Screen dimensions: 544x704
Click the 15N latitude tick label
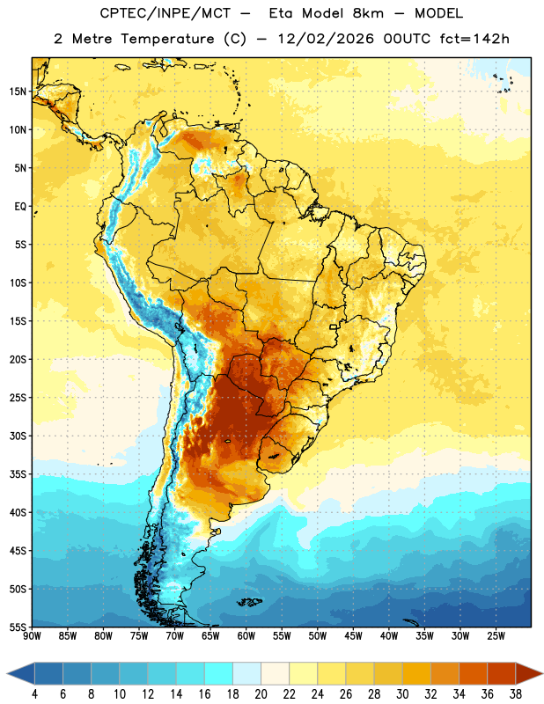coord(18,92)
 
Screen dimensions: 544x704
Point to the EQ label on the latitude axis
coord(20,207)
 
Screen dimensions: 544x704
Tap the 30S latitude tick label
coord(18,436)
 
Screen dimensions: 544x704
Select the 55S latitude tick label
coord(18,627)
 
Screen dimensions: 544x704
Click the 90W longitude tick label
coord(32,636)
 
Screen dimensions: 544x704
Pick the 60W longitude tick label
coord(246,636)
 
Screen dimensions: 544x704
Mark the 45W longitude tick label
coord(353,636)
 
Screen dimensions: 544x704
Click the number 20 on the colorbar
coord(261,694)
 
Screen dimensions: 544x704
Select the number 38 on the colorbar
coord(515,694)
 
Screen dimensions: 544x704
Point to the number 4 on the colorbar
coord(34,694)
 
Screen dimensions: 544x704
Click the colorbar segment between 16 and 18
coord(219,673)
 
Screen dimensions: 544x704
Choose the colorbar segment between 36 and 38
coord(502,673)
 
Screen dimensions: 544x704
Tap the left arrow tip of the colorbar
coord(7,673)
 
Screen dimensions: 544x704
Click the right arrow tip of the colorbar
coord(542,673)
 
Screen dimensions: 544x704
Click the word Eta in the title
coord(280,13)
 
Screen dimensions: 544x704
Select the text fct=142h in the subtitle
coord(474,39)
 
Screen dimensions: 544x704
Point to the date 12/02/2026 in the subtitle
coord(326,39)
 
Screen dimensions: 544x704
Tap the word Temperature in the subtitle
coord(167,39)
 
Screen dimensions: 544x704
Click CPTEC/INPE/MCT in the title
coord(165,13)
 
